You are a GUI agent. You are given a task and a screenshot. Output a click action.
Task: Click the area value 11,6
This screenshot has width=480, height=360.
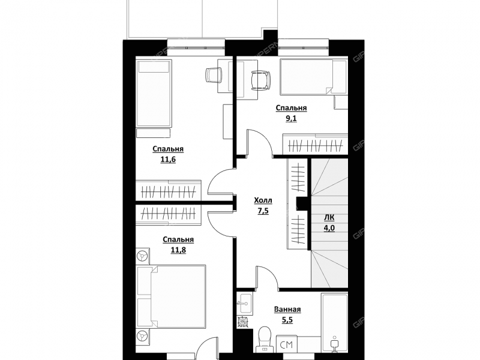coord(168,160)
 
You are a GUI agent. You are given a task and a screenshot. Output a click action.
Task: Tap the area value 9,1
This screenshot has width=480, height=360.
coord(291,118)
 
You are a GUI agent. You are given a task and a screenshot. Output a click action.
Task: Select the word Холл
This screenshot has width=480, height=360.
coord(263,200)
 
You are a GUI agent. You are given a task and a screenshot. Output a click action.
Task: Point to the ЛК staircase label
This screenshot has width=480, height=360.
coord(329,218)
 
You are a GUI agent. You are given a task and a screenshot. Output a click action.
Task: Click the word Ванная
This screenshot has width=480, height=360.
coord(287,310)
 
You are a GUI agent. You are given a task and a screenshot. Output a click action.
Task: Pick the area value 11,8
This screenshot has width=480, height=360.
coord(178,250)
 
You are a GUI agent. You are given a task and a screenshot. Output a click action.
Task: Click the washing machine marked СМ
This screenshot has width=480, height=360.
coord(287,344)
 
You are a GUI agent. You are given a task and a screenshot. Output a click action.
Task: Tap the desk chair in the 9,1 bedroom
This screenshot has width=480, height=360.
coord(260,80)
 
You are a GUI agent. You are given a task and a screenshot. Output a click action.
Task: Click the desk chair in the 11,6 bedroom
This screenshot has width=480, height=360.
coord(214,75)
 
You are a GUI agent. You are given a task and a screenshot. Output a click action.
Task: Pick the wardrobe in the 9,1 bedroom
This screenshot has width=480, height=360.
coord(316,144)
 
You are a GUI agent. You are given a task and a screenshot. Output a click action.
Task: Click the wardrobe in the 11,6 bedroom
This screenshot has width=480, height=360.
coord(169,190)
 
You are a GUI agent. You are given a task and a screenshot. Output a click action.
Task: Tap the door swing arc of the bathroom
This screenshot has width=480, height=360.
coord(267,277)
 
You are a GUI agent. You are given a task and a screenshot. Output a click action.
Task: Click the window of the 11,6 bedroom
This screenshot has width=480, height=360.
coord(196,47)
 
